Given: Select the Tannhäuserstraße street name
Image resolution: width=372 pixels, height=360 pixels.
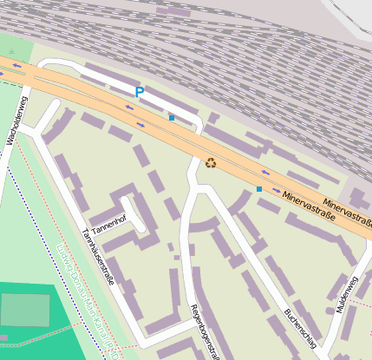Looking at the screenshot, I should (x=97, y=257).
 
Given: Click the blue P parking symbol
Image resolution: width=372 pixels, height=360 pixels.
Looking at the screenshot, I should (x=139, y=91).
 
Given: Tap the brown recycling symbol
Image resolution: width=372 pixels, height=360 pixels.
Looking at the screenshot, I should (x=211, y=161).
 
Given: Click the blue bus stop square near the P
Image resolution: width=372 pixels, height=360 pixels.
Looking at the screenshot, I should (x=172, y=118).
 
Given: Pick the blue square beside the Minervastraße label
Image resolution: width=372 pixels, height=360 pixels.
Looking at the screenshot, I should (x=258, y=188).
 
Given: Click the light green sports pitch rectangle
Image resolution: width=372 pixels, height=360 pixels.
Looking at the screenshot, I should (x=24, y=310).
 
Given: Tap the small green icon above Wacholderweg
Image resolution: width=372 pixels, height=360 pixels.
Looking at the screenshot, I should (x=12, y=52).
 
